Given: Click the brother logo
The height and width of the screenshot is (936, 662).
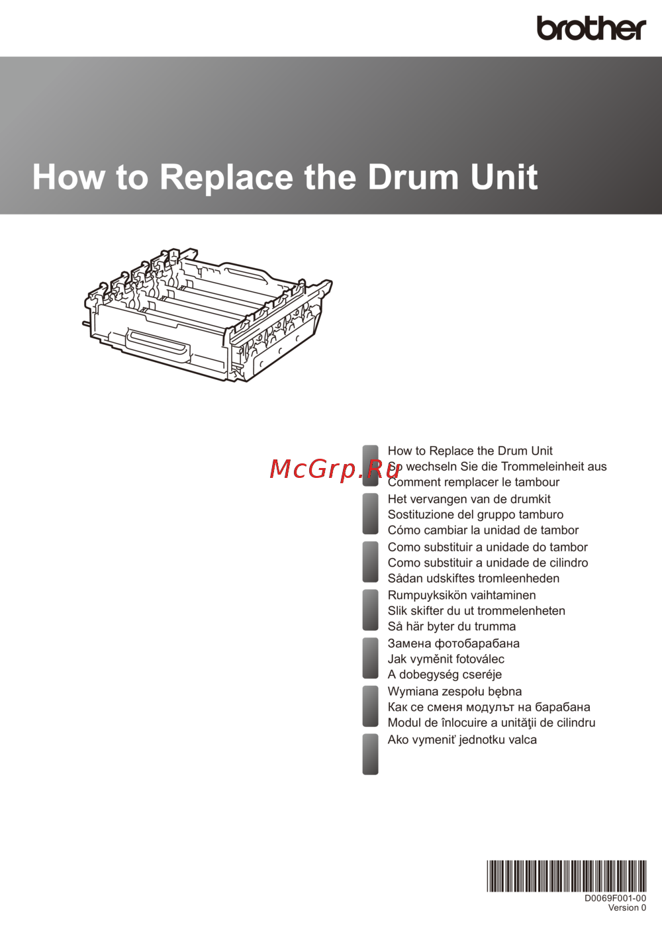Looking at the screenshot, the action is pyautogui.click(x=591, y=28).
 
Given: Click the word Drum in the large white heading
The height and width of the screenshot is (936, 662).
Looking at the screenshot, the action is pyautogui.click(x=413, y=177).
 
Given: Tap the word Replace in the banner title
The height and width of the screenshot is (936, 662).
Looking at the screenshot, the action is pyautogui.click(x=226, y=178).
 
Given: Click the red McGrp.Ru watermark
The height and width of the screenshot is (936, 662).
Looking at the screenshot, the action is pyautogui.click(x=334, y=469).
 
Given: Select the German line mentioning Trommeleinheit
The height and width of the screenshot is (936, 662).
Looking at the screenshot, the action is pyautogui.click(x=497, y=466).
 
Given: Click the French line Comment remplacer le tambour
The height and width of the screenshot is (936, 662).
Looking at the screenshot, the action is pyautogui.click(x=473, y=482).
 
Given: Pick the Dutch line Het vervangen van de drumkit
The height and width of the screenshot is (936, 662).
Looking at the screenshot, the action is pyautogui.click(x=469, y=499).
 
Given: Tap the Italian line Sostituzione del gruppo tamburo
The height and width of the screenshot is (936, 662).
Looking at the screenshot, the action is pyautogui.click(x=475, y=514).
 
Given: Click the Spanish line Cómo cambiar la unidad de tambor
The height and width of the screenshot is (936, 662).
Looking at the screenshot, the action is pyautogui.click(x=483, y=530).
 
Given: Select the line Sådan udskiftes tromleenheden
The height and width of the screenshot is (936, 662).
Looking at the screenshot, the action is pyautogui.click(x=473, y=579).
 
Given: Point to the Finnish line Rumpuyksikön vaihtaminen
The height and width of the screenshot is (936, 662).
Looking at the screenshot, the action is pyautogui.click(x=462, y=595).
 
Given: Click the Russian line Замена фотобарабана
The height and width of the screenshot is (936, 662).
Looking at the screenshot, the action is pyautogui.click(x=453, y=643).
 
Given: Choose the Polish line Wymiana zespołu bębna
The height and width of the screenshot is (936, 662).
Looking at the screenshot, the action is pyautogui.click(x=455, y=691).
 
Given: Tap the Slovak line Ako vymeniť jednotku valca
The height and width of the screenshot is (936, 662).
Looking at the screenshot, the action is pyautogui.click(x=462, y=739).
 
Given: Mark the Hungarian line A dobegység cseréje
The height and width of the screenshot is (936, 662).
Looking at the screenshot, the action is pyautogui.click(x=445, y=675).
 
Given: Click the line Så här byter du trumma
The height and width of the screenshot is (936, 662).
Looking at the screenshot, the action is pyautogui.click(x=451, y=626).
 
